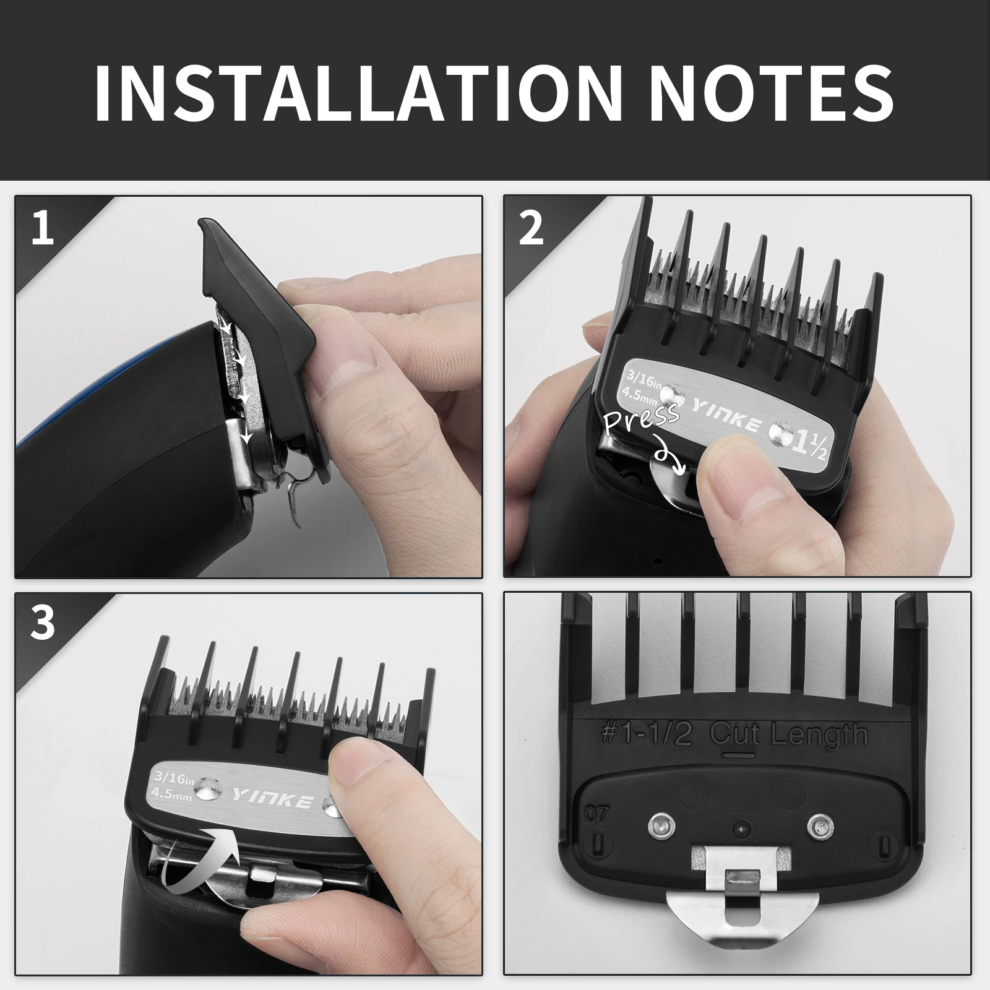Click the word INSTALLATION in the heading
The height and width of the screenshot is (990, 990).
point(357,92)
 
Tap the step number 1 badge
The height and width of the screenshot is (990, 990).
point(42,228)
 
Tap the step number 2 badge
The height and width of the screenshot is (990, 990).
point(531,228)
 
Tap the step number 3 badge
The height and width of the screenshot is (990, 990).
point(42,623)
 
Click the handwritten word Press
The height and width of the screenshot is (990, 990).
point(642,418)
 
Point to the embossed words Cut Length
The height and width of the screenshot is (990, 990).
point(789,736)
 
